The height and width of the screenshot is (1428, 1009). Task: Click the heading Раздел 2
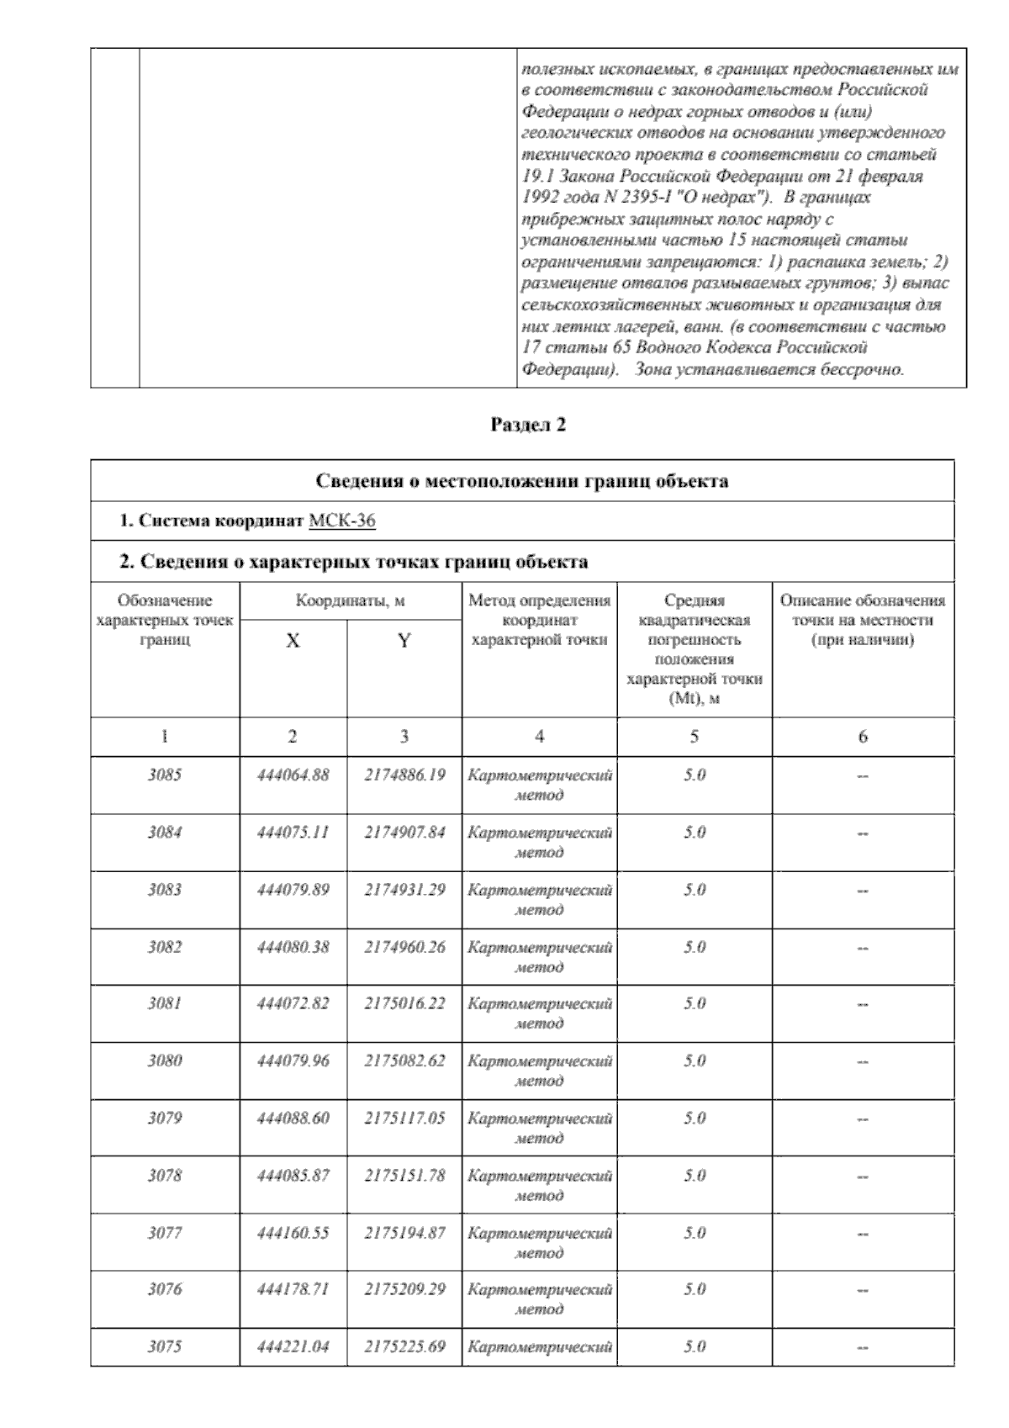tap(528, 426)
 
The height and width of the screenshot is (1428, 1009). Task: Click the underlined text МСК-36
tap(341, 521)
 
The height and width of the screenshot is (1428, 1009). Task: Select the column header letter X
tap(293, 642)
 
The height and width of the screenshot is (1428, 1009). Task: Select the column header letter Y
tap(404, 642)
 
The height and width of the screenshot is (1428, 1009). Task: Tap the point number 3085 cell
tap(165, 775)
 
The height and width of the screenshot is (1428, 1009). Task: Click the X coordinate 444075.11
tap(293, 833)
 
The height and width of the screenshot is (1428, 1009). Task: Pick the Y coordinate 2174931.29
tap(404, 890)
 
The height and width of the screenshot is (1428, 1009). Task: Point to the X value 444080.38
tap(293, 947)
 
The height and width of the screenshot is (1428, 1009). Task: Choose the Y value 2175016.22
tap(404, 1003)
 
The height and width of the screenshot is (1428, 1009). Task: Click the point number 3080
tap(165, 1061)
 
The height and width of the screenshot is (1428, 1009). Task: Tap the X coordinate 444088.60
tap(293, 1119)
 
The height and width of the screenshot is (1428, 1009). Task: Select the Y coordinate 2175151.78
tap(404, 1176)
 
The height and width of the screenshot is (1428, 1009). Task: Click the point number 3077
tap(165, 1234)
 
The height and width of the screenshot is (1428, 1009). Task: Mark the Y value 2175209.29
tap(404, 1289)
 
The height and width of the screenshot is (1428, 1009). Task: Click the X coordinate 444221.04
tap(293, 1347)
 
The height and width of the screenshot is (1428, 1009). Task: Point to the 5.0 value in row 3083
tap(695, 890)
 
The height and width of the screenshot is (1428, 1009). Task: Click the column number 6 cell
tap(863, 737)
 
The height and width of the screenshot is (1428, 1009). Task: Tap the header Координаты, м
tap(351, 601)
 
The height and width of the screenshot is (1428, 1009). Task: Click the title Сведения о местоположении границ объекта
tap(521, 482)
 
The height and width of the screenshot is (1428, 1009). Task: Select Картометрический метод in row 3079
tap(539, 1128)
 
